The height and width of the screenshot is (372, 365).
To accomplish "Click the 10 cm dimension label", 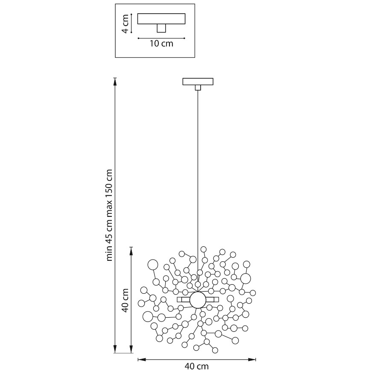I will click(x=161, y=44).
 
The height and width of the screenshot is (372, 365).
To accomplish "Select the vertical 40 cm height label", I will click(x=125, y=301).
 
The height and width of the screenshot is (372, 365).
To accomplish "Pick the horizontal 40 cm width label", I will click(x=197, y=366).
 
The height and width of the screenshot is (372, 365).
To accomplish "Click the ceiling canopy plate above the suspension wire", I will click(x=198, y=81).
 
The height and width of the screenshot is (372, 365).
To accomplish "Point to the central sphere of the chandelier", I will click(x=198, y=300).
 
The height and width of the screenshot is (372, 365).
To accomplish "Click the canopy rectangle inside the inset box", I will click(x=161, y=18).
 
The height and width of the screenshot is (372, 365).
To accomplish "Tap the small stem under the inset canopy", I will click(x=161, y=28).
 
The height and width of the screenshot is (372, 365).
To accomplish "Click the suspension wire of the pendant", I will click(x=198, y=171).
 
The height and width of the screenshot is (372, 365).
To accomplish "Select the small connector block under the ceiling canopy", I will click(x=198, y=87).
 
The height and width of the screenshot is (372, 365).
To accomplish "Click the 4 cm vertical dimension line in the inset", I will click(x=132, y=23).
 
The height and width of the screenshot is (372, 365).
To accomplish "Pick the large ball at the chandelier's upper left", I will click(x=152, y=265).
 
